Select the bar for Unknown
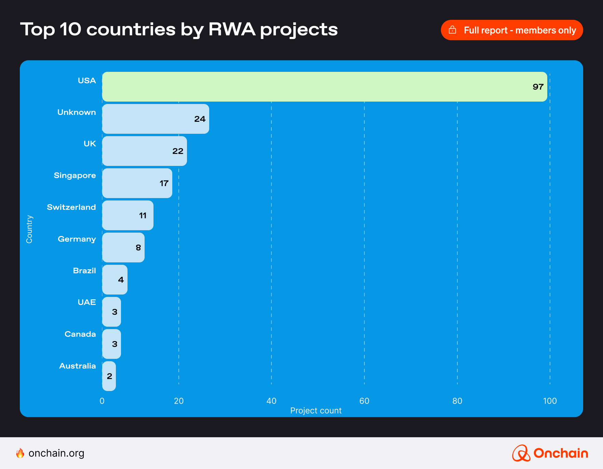156,119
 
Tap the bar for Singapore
137,183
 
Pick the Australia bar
109,376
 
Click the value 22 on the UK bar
178,151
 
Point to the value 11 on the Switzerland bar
143,216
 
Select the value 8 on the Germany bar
138,248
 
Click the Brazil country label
84,271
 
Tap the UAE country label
87,302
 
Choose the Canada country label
80,334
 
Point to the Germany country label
77,239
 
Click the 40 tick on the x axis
271,401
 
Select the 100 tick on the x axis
550,401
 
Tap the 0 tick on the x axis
102,401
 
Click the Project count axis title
316,411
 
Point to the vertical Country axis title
29,229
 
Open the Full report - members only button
512,30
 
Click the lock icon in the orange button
452,30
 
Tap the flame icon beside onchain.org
21,453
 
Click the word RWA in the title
232,29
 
